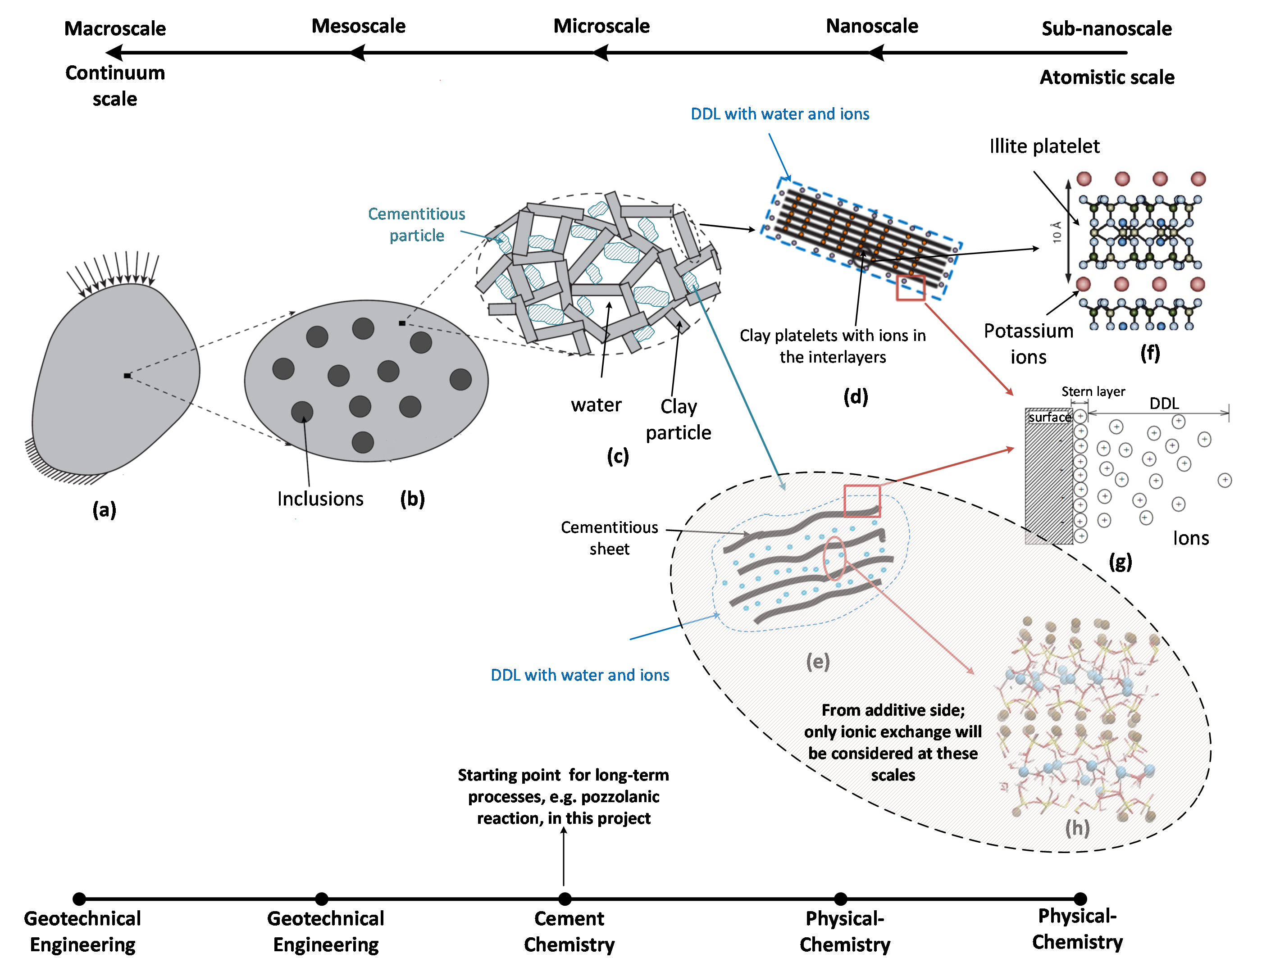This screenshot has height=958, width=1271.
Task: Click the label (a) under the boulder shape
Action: coord(104,509)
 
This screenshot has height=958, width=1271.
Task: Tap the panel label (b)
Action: coord(412,499)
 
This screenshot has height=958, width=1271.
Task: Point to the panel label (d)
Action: coord(856,396)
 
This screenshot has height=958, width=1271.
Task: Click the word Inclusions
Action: coord(320,499)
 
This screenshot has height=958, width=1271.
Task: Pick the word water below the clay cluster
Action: coord(596,405)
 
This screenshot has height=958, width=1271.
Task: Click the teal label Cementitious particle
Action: coord(417,225)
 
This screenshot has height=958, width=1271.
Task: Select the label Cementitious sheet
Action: coord(609,538)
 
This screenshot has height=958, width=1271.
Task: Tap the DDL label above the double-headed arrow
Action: coord(1164,403)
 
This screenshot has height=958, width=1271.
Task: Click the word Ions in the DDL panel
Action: coord(1190,538)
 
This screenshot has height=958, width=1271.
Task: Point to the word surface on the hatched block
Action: coord(1050,417)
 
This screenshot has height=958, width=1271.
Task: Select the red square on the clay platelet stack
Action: coord(911,288)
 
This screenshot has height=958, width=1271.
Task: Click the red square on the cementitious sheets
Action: coord(862,501)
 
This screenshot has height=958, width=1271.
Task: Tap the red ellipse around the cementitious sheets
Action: coord(834,558)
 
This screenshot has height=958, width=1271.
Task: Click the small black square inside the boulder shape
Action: coord(127,376)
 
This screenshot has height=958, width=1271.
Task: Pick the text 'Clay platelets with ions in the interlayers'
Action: coord(833,346)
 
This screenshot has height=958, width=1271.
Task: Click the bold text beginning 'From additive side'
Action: coord(893,742)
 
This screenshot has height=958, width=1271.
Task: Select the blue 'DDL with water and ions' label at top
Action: coord(780,114)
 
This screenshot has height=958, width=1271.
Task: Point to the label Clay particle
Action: coord(679,419)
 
